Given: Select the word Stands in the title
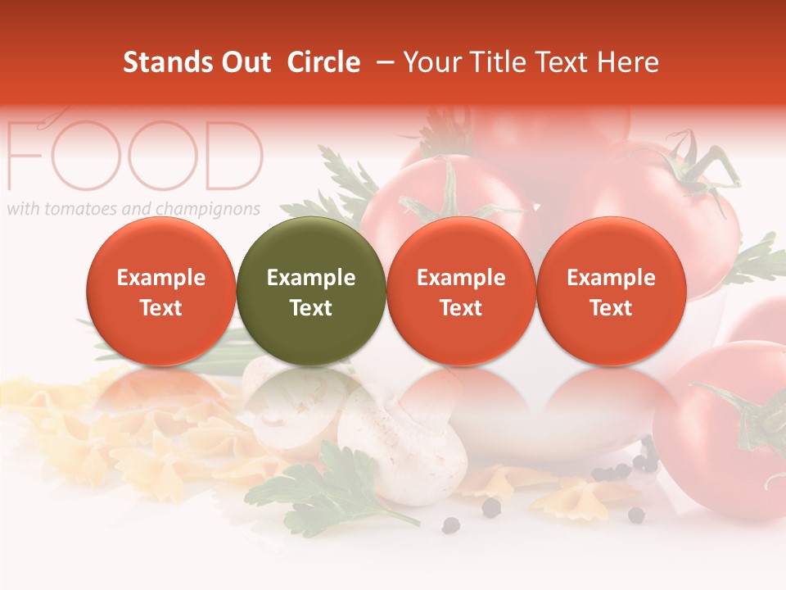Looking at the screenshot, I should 167,62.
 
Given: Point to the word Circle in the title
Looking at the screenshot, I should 323,62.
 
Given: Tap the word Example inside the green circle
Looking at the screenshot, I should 311,278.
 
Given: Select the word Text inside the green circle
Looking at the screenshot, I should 311,308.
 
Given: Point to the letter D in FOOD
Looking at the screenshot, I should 229,156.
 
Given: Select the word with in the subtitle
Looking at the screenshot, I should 23,209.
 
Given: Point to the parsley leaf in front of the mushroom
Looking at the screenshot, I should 327,483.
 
